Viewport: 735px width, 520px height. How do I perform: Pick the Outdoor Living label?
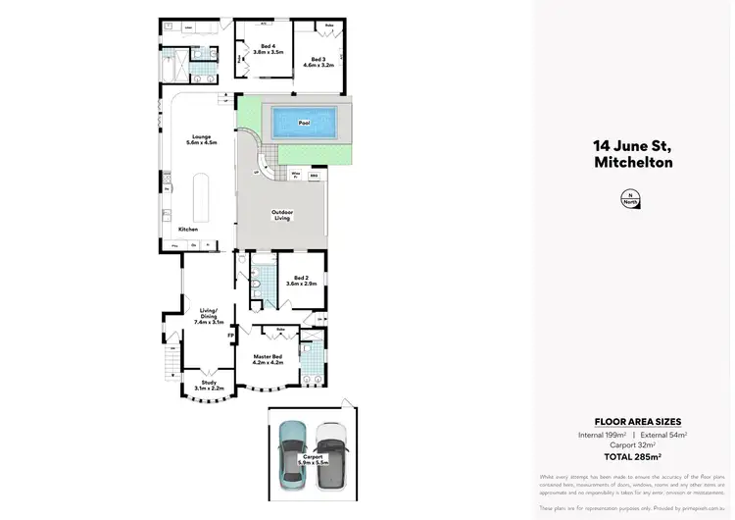point(283,215)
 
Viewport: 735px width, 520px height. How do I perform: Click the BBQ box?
point(315,176)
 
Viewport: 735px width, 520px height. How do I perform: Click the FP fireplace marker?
point(230,336)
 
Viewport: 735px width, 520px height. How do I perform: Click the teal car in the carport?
point(292,454)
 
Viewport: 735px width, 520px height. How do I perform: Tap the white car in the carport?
point(332,454)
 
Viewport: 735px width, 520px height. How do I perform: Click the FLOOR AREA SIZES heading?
point(632,421)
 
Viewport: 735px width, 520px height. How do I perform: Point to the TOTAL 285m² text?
point(632,457)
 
